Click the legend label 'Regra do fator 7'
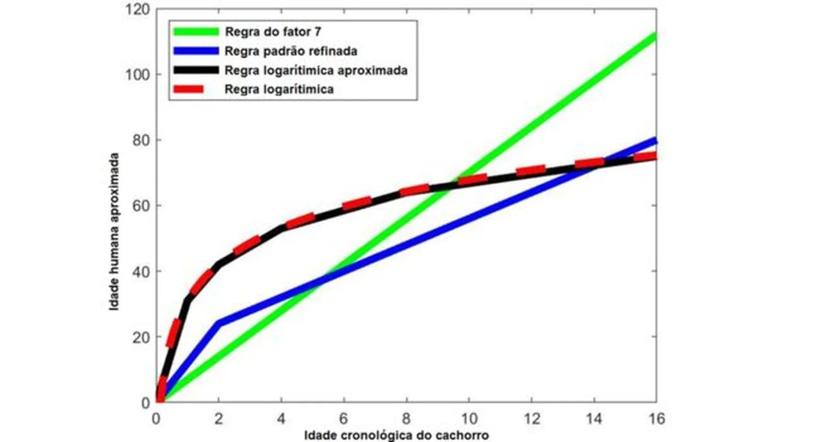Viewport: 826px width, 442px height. pos(273,31)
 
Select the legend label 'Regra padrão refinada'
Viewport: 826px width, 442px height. pos(291,51)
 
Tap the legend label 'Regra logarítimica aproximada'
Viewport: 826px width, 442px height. pos(316,70)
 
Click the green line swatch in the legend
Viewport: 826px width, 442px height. pos(196,31)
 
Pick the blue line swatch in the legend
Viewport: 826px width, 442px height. pos(196,51)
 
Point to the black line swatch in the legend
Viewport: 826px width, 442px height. pos(196,70)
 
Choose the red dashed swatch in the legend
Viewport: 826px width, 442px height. pos(188,89)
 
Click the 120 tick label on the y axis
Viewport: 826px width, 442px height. pos(138,9)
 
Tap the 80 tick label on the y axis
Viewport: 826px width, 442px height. pos(141,140)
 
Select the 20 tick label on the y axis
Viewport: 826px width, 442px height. pos(141,337)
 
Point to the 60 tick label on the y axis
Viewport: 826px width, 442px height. pos(141,205)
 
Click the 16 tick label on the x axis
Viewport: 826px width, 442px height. pos(656,419)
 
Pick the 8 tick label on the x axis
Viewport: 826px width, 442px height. pos(406,419)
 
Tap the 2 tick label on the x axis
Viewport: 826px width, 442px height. pos(219,419)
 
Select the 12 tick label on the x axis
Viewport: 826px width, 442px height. pos(531,419)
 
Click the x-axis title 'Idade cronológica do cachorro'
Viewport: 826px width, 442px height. pos(397,435)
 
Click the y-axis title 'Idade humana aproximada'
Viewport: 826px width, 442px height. pos(114,232)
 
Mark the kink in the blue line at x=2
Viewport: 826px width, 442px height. pos(220,323)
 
